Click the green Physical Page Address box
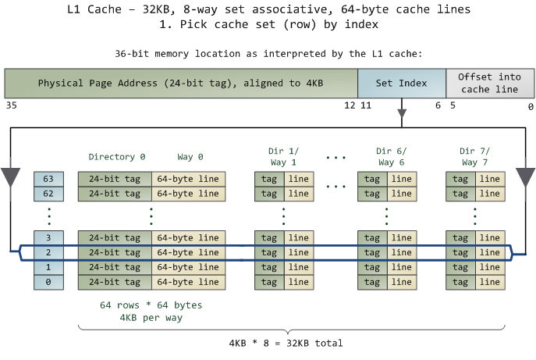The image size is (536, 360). pos(181,83)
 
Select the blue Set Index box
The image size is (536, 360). pos(402,83)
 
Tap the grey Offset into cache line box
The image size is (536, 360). pos(489,83)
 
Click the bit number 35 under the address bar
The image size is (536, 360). pos(10,105)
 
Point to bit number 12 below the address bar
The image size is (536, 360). pos(349,105)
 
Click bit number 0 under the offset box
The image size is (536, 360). pos(531,105)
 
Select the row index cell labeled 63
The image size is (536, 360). pos(48,179)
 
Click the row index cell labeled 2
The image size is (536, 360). pos(48,252)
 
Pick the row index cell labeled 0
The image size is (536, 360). pos(48,282)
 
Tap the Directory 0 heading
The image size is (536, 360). pos(116,157)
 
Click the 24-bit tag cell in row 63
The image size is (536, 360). pos(115,179)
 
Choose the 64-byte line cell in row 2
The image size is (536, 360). pos(188,252)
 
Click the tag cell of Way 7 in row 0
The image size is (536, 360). pos(460,282)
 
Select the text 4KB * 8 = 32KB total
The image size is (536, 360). pos(286,343)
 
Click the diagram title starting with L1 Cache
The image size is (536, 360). pos(268,10)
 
